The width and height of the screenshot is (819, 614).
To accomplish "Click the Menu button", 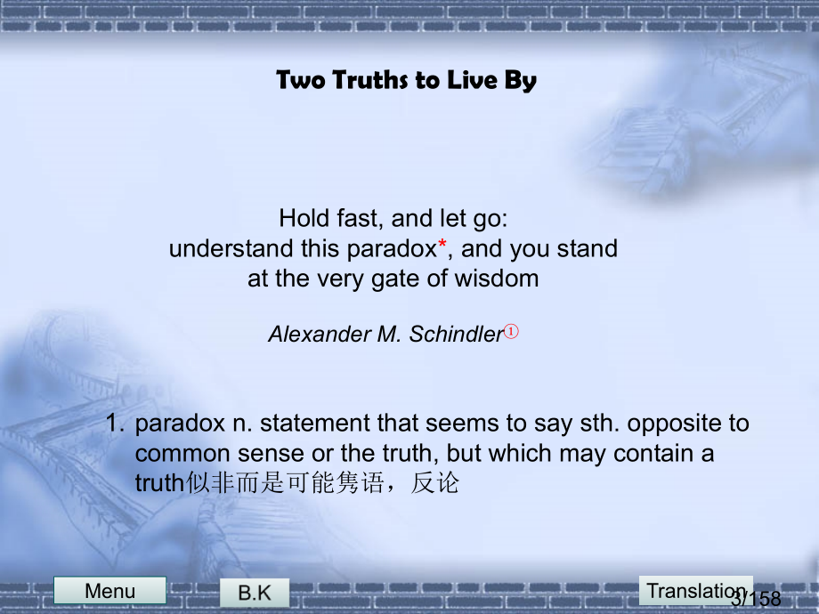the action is click(x=109, y=591).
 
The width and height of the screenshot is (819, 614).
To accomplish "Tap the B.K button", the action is click(x=255, y=593).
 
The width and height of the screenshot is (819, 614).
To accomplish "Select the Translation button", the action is click(x=696, y=591).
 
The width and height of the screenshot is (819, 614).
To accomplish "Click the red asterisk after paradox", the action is click(x=442, y=243).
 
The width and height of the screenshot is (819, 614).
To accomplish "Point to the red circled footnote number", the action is click(x=511, y=331).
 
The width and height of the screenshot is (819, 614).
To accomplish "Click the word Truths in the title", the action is click(x=370, y=80).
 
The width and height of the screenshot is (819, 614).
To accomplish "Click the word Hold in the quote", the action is click(x=304, y=218).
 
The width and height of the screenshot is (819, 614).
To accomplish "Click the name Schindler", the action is click(x=456, y=335).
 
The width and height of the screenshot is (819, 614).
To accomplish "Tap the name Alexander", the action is click(x=319, y=335).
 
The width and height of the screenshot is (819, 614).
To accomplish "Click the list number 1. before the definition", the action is click(x=115, y=423).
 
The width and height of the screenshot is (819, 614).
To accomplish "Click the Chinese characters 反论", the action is click(x=434, y=483).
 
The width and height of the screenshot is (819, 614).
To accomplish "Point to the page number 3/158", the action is click(x=756, y=598).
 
